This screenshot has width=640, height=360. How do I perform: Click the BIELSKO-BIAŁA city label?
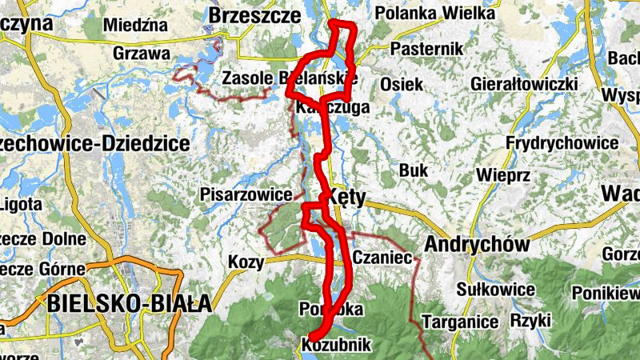coord(128,303)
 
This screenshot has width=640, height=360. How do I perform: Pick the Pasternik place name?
coord(427,50)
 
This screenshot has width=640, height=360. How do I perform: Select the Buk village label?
coord(414,170)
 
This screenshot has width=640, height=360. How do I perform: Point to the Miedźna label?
coord(136,25)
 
